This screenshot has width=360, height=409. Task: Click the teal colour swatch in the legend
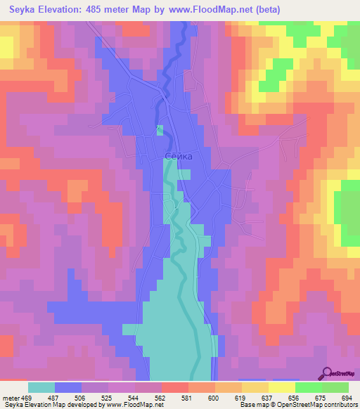(x=41, y=387)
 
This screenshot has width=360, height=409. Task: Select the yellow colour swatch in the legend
(x=281, y=387)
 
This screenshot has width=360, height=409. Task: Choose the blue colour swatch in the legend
(x=68, y=387)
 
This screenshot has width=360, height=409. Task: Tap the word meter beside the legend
(x=9, y=397)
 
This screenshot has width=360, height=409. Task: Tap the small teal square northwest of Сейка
(x=160, y=129)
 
